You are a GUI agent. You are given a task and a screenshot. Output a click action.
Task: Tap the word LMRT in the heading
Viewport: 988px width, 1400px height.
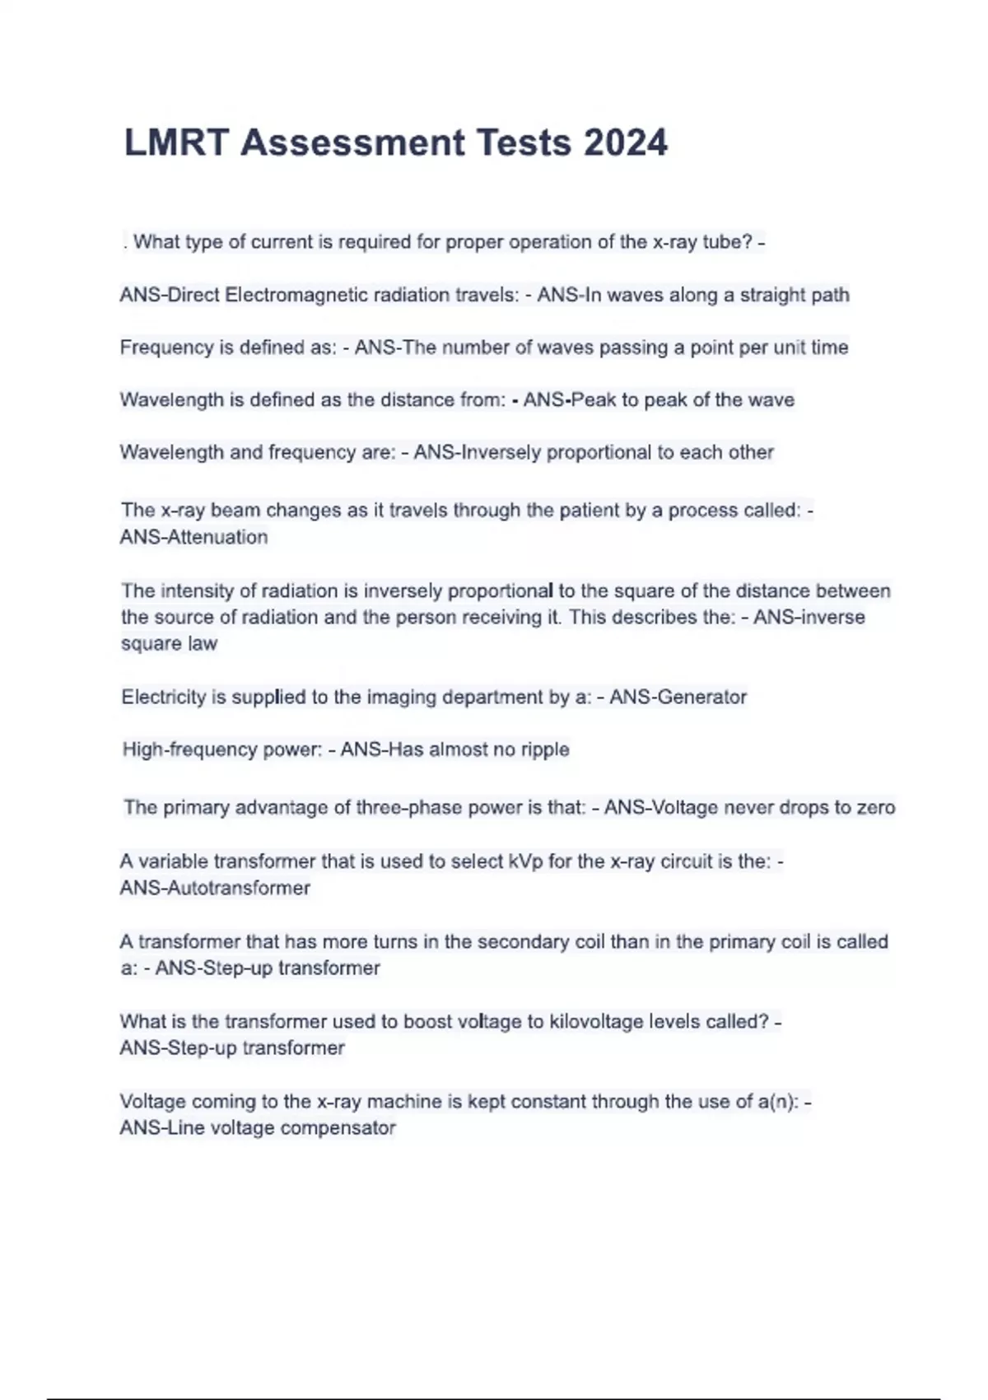coord(175,142)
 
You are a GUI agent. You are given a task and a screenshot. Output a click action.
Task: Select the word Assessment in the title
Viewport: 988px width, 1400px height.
coord(353,142)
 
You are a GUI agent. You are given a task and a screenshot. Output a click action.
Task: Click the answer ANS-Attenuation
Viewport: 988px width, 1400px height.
coord(194,537)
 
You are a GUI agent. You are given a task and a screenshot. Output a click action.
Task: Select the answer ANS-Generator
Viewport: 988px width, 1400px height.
coord(678,697)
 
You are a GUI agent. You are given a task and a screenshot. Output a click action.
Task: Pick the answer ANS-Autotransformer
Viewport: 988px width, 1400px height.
coord(215,888)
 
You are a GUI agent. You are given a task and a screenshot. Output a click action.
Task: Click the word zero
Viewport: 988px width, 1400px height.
coord(875,807)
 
